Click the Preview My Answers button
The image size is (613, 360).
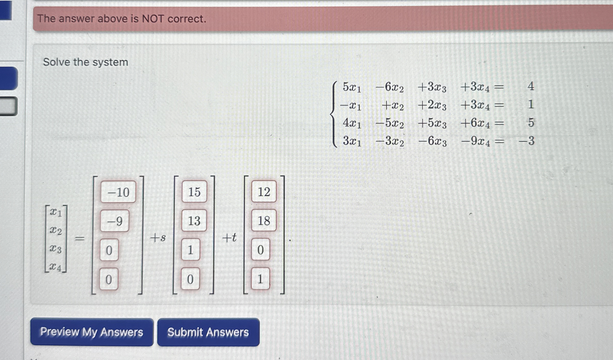(x=92, y=332)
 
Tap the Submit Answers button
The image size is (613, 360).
(x=208, y=332)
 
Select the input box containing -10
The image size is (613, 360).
(x=118, y=192)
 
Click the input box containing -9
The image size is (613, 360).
(x=115, y=221)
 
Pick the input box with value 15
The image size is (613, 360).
(x=194, y=192)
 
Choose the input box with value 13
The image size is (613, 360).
(x=194, y=220)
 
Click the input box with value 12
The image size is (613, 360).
(x=264, y=192)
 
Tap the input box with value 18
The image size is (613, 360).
(x=264, y=220)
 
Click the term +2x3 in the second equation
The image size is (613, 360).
(x=432, y=105)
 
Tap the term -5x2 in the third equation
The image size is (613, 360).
(x=389, y=123)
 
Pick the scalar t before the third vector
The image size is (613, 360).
(x=233, y=238)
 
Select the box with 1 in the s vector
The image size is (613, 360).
(x=190, y=250)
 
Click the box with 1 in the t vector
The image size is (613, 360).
(x=260, y=279)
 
